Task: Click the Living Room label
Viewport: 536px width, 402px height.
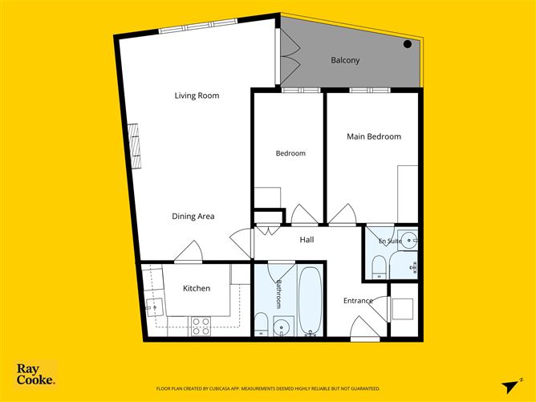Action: click(197, 95)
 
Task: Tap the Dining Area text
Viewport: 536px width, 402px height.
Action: click(193, 217)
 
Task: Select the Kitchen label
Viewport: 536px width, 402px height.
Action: click(197, 289)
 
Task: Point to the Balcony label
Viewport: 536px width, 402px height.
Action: click(345, 60)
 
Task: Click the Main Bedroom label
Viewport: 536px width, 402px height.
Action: click(374, 136)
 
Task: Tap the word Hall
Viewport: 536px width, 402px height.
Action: click(307, 240)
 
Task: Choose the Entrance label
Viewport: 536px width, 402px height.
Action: click(358, 301)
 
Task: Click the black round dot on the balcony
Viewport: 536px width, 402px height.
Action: click(407, 44)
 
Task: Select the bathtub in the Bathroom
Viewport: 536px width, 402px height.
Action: click(310, 301)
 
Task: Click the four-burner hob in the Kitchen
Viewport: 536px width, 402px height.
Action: click(201, 326)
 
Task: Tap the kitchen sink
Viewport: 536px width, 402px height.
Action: click(154, 307)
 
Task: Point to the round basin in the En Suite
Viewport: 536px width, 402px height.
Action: click(409, 240)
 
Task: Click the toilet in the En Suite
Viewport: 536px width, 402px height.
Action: click(379, 267)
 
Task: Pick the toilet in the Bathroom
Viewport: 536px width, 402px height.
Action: click(262, 324)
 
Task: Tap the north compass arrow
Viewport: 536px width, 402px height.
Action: click(511, 386)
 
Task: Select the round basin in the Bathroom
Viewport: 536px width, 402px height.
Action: click(282, 326)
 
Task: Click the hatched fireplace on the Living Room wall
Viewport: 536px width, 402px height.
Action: click(135, 146)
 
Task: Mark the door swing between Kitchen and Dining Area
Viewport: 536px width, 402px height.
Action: click(189, 251)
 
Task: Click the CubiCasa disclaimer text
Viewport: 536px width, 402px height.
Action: click(268, 388)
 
